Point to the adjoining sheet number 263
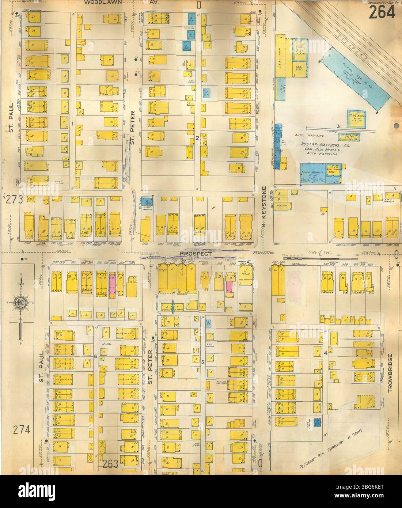110,463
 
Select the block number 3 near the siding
338,126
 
